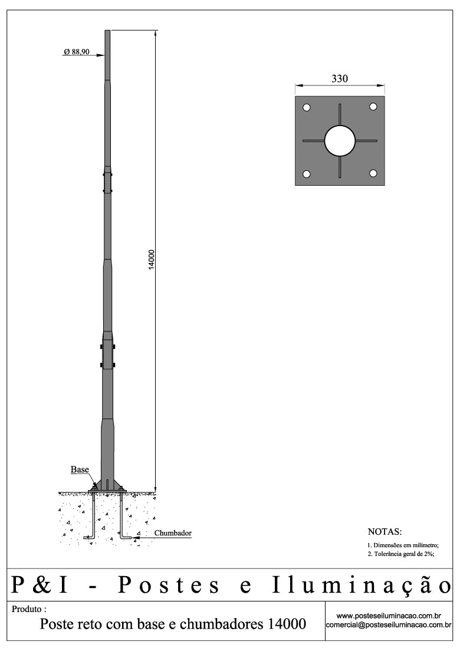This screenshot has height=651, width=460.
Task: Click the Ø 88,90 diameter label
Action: (x=77, y=52)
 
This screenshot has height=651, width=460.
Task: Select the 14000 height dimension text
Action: (x=151, y=260)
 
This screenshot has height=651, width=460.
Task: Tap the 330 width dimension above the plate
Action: (x=340, y=79)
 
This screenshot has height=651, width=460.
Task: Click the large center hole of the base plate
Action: (x=340, y=141)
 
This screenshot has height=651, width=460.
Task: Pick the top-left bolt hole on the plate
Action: (x=307, y=107)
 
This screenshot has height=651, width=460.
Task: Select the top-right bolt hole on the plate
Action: (x=373, y=107)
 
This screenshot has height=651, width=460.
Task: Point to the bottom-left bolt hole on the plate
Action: (x=307, y=174)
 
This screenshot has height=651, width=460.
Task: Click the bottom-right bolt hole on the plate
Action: (x=373, y=173)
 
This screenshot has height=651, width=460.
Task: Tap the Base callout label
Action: (x=80, y=470)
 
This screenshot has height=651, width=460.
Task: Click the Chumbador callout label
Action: (x=173, y=533)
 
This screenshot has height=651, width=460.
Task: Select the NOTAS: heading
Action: (x=385, y=531)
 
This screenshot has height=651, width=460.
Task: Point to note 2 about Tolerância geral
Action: (x=401, y=555)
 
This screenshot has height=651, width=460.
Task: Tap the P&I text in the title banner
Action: (x=41, y=585)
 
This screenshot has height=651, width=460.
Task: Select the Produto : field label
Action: (x=29, y=609)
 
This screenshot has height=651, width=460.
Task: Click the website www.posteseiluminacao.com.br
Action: (x=389, y=616)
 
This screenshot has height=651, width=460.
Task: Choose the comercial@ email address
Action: (x=389, y=625)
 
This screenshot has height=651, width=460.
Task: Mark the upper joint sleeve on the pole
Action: (x=107, y=182)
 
